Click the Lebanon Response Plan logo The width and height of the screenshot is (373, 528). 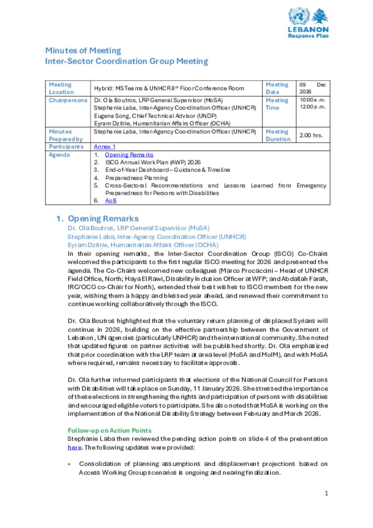point(308,23)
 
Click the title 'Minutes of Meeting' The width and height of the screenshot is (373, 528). point(83,51)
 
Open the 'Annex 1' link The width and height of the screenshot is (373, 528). point(105,146)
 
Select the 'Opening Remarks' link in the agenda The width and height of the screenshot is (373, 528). point(129,155)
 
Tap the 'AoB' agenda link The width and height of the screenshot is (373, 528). point(111,200)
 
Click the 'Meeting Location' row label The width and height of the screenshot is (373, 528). point(61,89)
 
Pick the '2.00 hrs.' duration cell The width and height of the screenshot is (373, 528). point(311,135)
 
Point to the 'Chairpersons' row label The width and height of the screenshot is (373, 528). point(68,100)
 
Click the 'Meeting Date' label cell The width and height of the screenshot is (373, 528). point(277,89)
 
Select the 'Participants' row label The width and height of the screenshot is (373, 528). point(66,146)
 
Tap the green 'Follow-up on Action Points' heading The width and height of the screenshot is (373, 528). point(109,430)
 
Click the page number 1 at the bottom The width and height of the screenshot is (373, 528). point(326,493)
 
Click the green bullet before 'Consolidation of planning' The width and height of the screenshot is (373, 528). point(69,464)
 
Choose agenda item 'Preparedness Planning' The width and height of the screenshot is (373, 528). point(137,178)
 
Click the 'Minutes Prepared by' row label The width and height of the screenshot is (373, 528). point(66,135)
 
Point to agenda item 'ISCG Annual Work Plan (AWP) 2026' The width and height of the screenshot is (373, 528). point(153,162)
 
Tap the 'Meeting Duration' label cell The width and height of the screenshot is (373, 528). point(278,135)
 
